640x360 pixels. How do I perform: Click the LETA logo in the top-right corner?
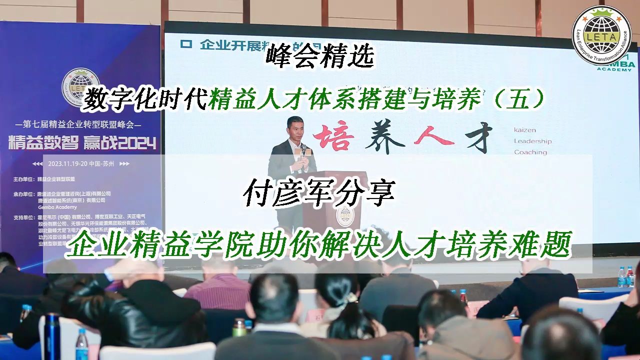pyautogui.click(x=602, y=34)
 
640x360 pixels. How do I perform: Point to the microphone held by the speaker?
pyautogui.click(x=302, y=149)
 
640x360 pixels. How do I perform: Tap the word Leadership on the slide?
pyautogui.click(x=532, y=141)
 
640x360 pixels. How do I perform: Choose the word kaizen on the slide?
pyautogui.click(x=525, y=130)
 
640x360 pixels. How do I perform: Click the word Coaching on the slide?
pyautogui.click(x=530, y=152)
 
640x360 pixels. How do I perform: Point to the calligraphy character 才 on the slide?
pyautogui.click(x=473, y=135)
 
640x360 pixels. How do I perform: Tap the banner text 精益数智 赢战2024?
pyautogui.click(x=82, y=144)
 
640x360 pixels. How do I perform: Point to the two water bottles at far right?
pyautogui.click(x=625, y=276)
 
